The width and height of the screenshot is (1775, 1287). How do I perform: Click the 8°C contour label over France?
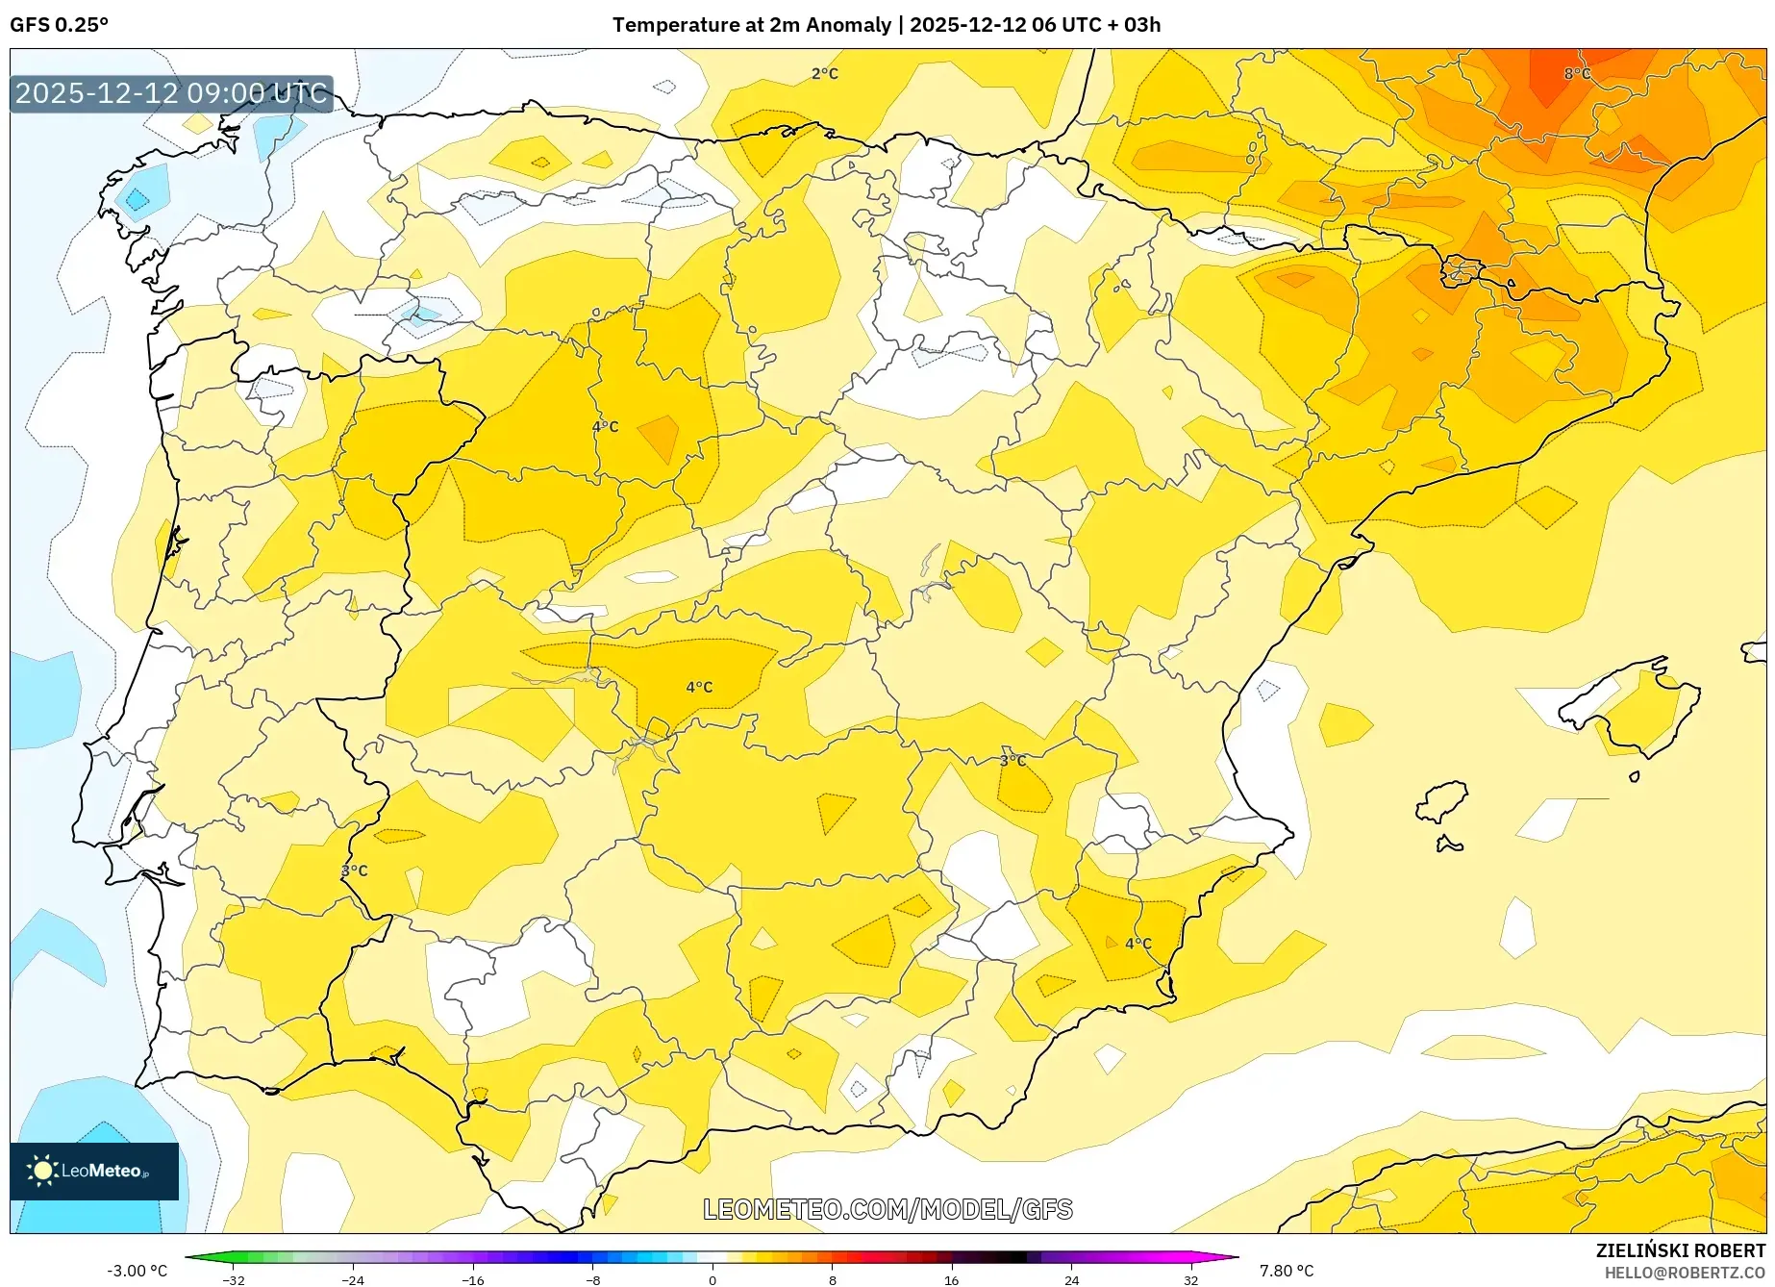(1577, 74)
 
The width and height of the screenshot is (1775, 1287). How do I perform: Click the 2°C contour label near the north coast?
(824, 74)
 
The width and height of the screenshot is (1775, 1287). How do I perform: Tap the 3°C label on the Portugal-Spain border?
(354, 871)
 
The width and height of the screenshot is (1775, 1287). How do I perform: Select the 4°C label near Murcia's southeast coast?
(1137, 944)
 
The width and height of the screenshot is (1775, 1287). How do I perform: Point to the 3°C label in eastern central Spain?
(1012, 760)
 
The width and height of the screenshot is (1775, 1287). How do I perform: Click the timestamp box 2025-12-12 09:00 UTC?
(171, 93)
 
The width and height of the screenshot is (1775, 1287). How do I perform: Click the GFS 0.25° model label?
(59, 25)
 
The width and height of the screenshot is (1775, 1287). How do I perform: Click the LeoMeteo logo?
(93, 1171)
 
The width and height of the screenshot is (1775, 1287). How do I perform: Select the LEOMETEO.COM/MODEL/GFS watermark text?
(887, 1209)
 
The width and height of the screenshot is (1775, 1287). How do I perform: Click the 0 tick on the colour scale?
(712, 1280)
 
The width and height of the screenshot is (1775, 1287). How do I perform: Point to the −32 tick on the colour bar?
(234, 1280)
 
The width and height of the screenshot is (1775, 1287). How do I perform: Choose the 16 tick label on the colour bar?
(951, 1280)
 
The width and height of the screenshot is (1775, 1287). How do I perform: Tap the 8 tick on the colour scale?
(832, 1280)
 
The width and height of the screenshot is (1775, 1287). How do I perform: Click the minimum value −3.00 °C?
(137, 1271)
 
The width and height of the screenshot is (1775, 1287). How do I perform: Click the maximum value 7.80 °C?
(1287, 1271)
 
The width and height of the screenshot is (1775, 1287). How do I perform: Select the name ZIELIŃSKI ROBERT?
(1680, 1251)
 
